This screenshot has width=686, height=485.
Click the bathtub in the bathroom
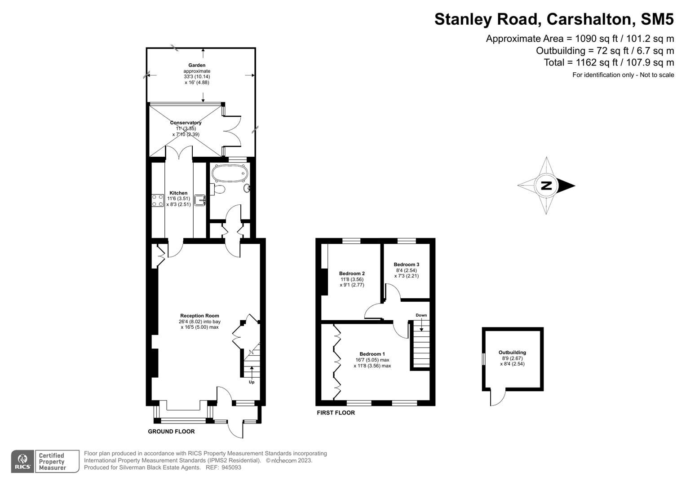click(x=230, y=172)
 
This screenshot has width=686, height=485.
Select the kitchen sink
click(x=200, y=199)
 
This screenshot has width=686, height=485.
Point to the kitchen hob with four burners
click(x=158, y=200)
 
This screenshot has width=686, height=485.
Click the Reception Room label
click(x=199, y=316)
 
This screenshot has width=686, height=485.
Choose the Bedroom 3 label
click(x=406, y=265)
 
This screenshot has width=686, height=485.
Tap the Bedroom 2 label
click(x=352, y=273)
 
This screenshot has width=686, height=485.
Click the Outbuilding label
click(x=512, y=353)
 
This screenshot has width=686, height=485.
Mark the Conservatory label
click(x=186, y=123)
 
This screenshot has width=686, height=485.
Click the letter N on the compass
click(x=546, y=185)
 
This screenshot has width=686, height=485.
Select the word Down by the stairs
click(x=421, y=315)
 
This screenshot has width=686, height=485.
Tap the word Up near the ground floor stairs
click(x=252, y=382)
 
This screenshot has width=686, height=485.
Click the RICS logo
click(x=22, y=462)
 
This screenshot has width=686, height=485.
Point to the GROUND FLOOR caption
click(x=171, y=432)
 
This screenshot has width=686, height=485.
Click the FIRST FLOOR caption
click(x=336, y=413)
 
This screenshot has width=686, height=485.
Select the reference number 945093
click(x=231, y=467)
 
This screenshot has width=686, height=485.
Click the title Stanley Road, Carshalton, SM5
click(x=554, y=19)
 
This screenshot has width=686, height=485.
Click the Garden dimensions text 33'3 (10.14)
click(x=197, y=77)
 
